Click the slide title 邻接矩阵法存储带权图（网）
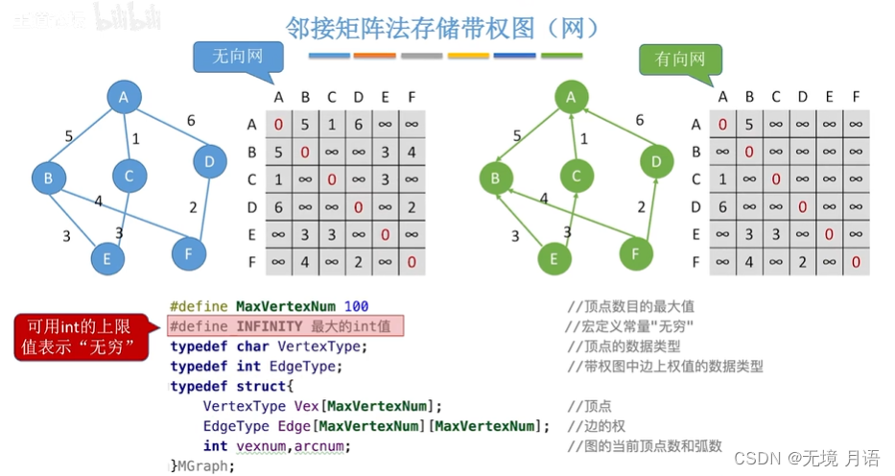[443, 26]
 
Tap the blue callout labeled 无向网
[236, 58]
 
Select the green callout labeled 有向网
[680, 59]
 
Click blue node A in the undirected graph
[124, 96]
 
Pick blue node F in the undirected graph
[189, 253]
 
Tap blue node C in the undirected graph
[128, 176]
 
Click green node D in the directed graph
[656, 161]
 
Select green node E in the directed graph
[553, 256]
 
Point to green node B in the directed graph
[495, 178]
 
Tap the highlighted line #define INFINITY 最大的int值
[284, 326]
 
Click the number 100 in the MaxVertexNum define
[356, 306]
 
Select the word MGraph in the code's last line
[204, 465]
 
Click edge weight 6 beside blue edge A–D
[191, 120]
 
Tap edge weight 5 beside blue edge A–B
[69, 136]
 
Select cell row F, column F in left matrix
[412, 261]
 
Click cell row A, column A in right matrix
[722, 124]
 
